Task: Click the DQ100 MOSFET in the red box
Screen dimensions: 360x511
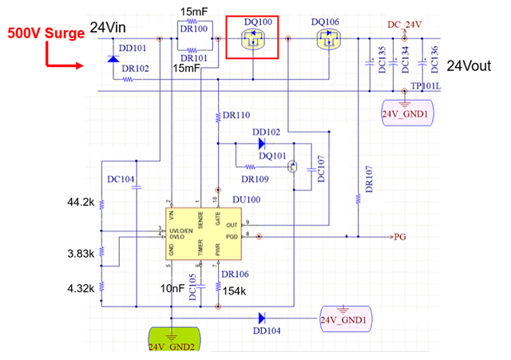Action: (252, 38)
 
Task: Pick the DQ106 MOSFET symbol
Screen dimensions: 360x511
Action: (327, 38)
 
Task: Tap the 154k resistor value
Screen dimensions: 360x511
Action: (233, 291)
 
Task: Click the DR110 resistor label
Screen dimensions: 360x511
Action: (236, 116)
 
